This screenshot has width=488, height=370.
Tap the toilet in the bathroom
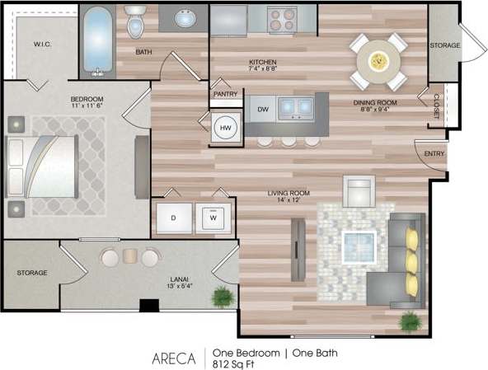pos(135,22)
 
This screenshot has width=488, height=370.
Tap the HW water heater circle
pos(224,129)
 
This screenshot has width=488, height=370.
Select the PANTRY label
pos(225,94)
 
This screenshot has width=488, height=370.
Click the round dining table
pos(378,60)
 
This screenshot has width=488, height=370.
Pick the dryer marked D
pos(174,218)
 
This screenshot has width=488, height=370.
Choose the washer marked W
pos(213,218)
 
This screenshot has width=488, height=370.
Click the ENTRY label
pos(434,154)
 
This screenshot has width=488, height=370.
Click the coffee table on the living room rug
pos(359,246)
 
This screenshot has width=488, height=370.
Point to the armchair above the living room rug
pos(359,191)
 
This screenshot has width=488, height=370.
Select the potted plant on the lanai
pos(221,295)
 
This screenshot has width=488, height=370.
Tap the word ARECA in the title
pos(173,358)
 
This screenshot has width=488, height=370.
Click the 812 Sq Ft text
pos(234,363)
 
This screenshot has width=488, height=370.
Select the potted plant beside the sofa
pos(410,320)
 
